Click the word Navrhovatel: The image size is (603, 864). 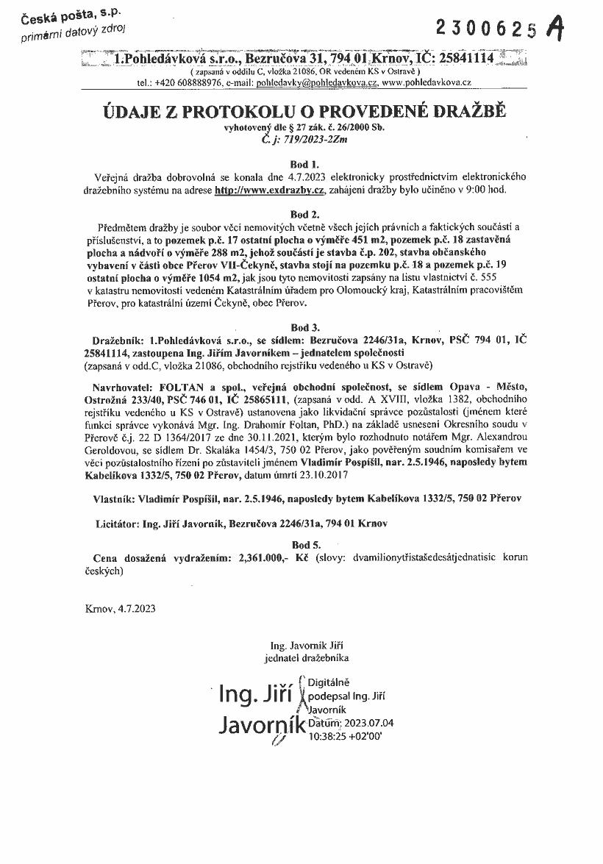(122, 386)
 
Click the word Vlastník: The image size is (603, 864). (116, 499)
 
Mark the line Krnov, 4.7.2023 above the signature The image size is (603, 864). (121, 609)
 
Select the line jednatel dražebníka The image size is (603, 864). (307, 657)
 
